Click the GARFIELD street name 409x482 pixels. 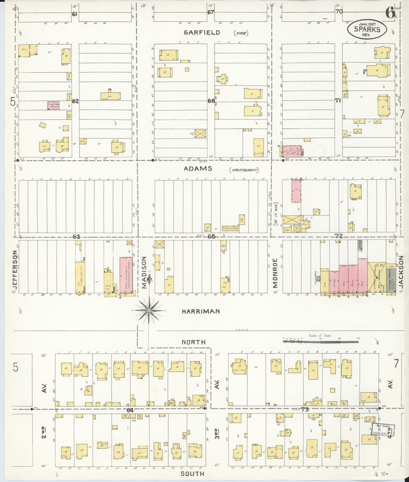202,33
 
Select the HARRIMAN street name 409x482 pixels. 201,311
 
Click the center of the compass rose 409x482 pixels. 149,311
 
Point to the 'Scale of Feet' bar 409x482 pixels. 320,341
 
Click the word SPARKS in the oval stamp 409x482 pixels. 367,29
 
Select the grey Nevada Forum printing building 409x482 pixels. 391,279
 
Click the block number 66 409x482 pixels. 211,101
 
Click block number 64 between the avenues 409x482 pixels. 130,410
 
